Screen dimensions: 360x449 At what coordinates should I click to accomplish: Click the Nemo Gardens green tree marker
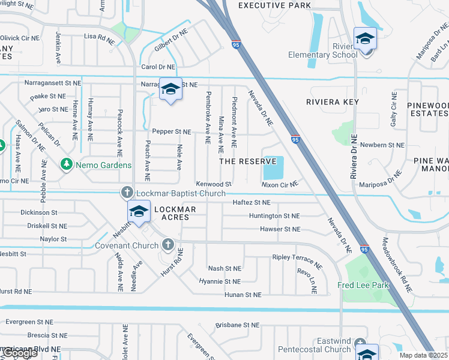[65, 164]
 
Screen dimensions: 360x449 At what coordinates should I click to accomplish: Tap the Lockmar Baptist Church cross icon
[127, 193]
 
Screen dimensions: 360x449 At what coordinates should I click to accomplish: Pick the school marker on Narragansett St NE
[170, 89]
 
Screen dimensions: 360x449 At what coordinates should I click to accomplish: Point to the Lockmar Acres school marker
[139, 212]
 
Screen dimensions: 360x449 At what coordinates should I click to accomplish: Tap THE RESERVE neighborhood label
[247, 161]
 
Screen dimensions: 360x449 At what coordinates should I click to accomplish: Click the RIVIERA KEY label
[333, 102]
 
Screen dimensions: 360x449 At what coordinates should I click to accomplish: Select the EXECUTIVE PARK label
[275, 5]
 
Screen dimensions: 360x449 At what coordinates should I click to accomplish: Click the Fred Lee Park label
[363, 286]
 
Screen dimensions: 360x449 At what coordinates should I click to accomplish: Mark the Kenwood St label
[213, 184]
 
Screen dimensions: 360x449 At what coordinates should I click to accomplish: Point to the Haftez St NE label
[252, 203]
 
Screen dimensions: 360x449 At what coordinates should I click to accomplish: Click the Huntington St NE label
[274, 216]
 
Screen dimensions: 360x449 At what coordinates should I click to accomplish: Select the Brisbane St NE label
[238, 325]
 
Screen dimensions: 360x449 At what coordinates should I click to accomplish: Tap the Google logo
[19, 353]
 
